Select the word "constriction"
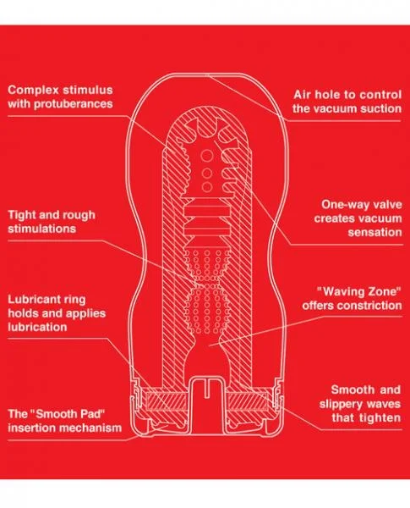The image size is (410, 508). pos(364,306)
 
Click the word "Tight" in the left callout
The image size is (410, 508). pos(24,213)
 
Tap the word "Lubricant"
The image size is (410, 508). pos(36,299)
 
